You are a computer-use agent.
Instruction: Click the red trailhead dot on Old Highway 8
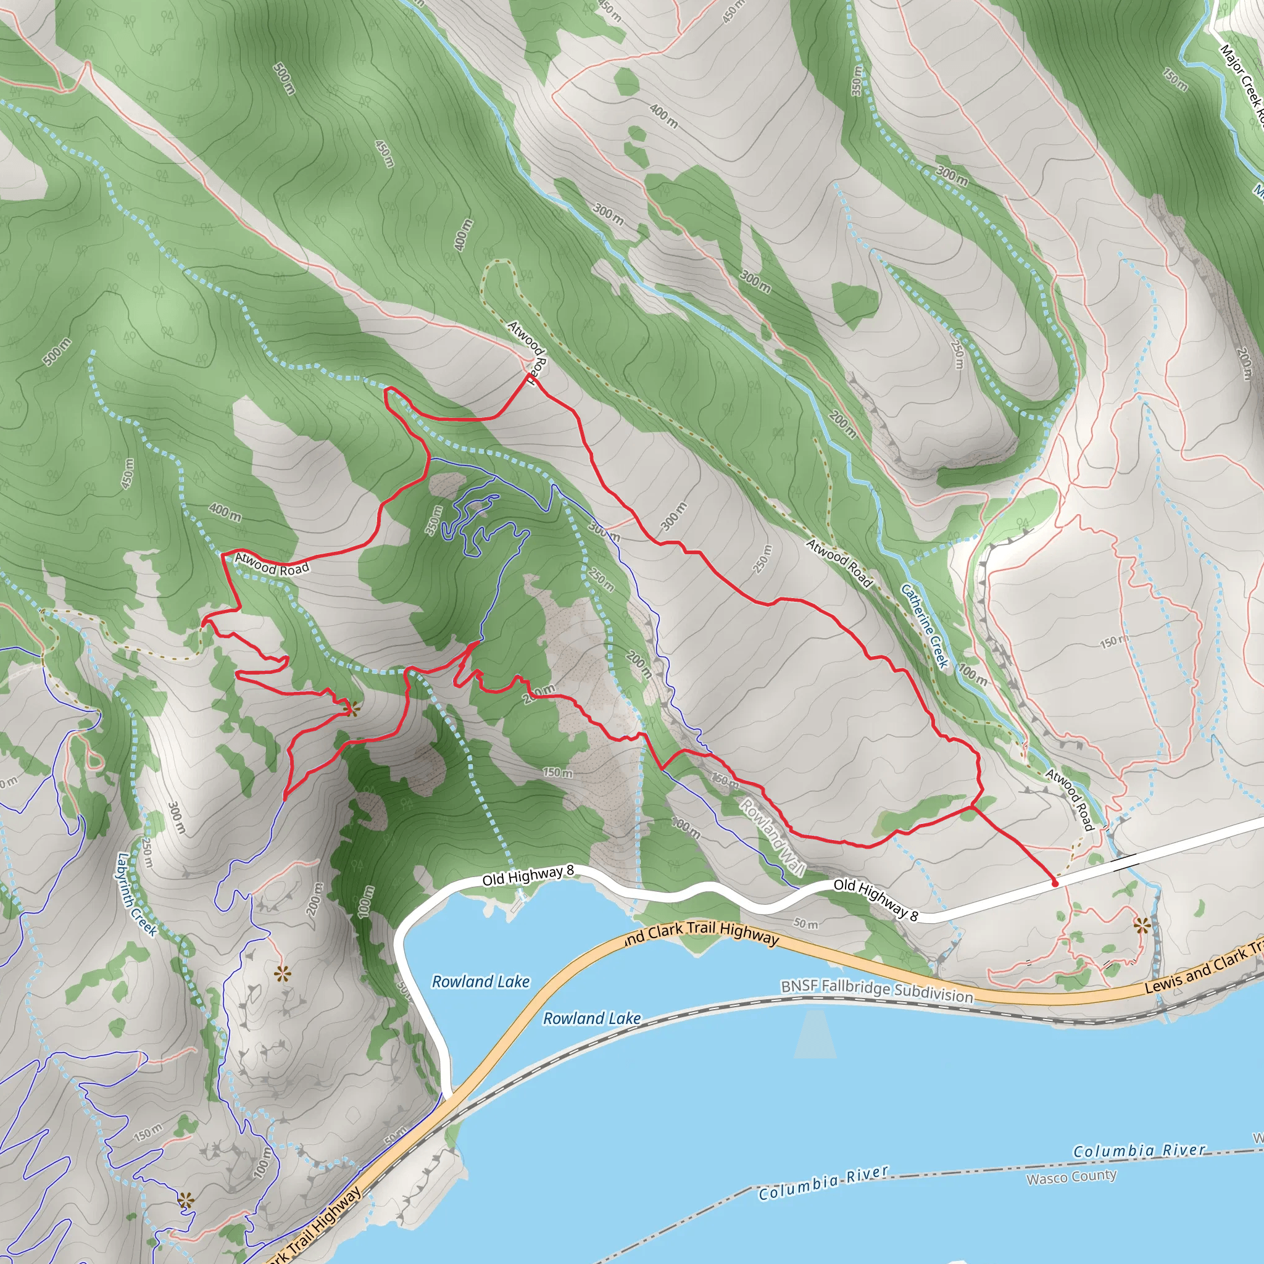1055,883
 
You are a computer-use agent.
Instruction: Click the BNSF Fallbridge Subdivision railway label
876,990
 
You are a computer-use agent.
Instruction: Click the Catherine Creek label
925,626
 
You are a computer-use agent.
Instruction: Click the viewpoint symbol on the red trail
352,709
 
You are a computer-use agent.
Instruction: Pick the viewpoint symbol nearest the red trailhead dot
1142,925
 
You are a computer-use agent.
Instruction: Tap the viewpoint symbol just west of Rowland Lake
281,974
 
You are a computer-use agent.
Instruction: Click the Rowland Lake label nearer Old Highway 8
480,981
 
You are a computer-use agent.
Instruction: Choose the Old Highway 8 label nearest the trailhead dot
875,899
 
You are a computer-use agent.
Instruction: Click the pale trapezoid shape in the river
815,1035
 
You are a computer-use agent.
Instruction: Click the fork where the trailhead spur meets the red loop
972,807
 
